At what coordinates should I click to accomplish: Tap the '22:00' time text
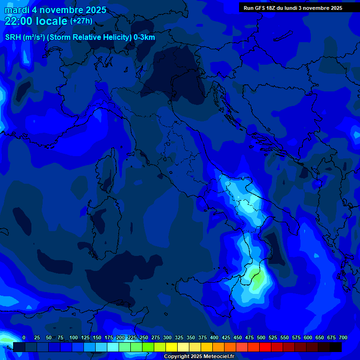point(18,21)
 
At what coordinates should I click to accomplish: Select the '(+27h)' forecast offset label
point(81,21)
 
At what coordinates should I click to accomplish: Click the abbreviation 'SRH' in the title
point(13,37)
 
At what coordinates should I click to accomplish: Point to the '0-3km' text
point(144,37)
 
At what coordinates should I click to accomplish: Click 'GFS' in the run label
point(262,8)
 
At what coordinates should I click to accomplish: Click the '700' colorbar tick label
point(343,337)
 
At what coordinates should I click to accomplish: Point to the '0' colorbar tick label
point(24,337)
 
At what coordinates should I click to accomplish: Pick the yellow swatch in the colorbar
point(172,347)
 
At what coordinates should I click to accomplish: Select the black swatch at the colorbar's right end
point(336,347)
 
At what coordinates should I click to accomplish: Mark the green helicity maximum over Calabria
point(257,277)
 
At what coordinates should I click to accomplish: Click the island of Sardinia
point(104,220)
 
